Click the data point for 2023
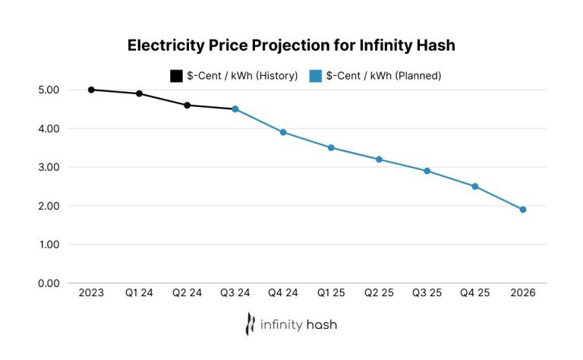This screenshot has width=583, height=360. click(91, 90)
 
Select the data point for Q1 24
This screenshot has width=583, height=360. click(139, 93)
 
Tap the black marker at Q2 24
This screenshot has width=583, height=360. click(187, 105)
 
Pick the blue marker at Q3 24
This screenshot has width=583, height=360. click(235, 109)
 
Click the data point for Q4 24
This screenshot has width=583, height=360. click(283, 132)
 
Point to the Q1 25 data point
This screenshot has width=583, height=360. click(331, 147)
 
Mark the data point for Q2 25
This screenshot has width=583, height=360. click(379, 159)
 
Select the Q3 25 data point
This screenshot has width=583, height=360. click(427, 171)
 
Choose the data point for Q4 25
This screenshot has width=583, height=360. click(475, 186)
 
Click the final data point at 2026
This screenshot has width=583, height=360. click(523, 210)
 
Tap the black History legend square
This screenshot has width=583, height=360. click(176, 76)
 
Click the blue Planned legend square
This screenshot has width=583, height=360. click(316, 76)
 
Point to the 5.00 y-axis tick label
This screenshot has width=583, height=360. click(48, 90)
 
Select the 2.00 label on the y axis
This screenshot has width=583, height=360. click(48, 206)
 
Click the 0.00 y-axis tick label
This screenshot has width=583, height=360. click(48, 283)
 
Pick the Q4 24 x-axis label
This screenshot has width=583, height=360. click(283, 293)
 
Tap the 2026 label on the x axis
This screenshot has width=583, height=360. click(523, 293)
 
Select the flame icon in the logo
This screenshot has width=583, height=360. click(250, 324)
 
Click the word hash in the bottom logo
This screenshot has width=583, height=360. click(322, 325)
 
